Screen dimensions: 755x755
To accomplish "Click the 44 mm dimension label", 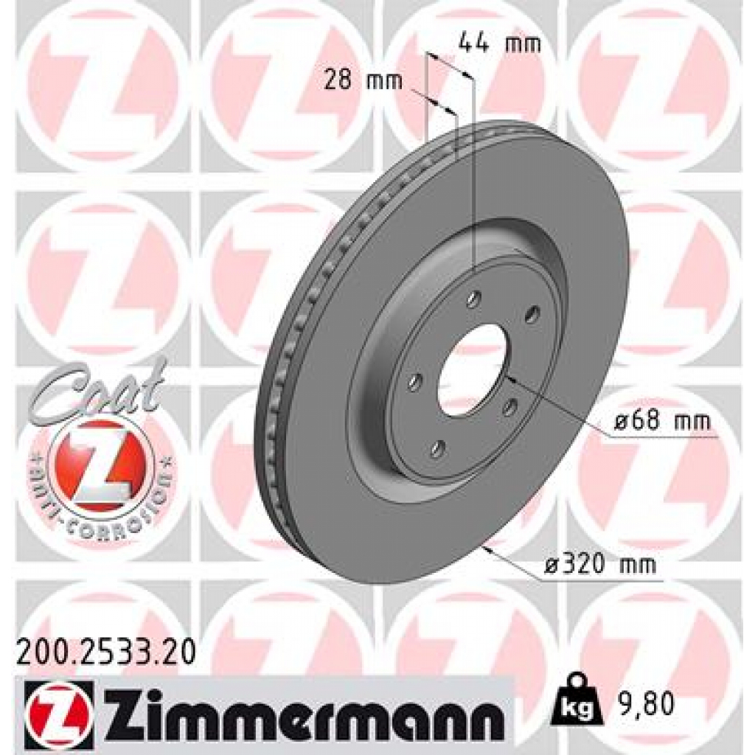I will pyautogui.click(x=499, y=44).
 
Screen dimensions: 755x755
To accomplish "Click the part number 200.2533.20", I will pyautogui.click(x=105, y=653).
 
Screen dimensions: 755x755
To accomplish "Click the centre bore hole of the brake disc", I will pyautogui.click(x=472, y=369).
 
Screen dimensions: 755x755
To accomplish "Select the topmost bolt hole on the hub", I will pyautogui.click(x=475, y=299).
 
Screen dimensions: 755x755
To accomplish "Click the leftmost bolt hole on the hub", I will pyautogui.click(x=415, y=383).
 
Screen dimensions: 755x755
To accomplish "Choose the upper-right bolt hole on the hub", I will pyautogui.click(x=530, y=315).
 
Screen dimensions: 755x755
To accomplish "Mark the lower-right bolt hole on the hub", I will pyautogui.click(x=508, y=408).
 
